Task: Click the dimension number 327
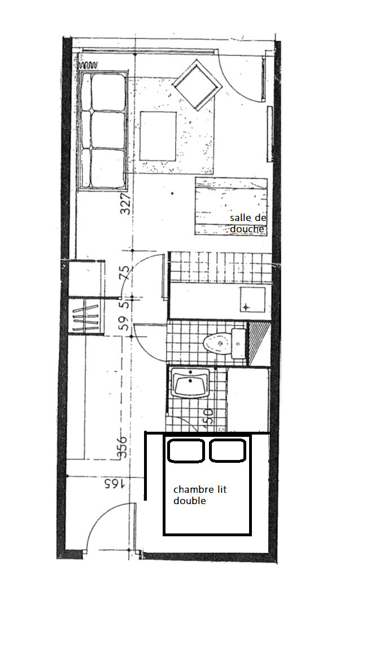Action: pos(126,203)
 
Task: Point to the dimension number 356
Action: pos(121,447)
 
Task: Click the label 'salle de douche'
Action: pos(248,223)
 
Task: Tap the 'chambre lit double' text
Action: pos(200,495)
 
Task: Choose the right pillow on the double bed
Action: pos(228,451)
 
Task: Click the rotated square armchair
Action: pos(197,85)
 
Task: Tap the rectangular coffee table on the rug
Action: pos(158,136)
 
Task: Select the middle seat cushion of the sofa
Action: pos(108,129)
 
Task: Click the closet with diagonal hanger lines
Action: pos(86,316)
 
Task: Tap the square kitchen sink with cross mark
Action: pos(252,300)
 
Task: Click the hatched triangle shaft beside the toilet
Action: pos(259,344)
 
